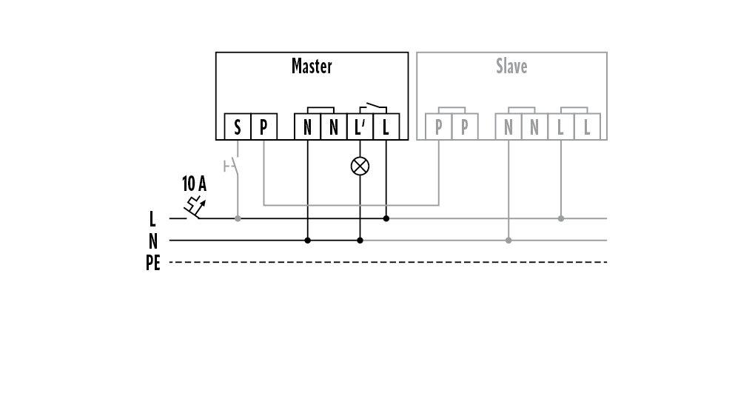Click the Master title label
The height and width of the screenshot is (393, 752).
312,66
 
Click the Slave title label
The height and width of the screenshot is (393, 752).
511,66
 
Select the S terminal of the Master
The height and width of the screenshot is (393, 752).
238,127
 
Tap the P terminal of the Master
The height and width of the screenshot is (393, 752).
263,127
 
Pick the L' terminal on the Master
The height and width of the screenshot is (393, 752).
360,127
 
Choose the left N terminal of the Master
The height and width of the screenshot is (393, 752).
307,127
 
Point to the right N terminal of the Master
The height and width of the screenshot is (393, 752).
334,127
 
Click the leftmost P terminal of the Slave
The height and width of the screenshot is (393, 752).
438,127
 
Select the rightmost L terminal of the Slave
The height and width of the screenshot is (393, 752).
587,127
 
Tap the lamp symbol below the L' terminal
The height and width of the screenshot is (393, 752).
360,167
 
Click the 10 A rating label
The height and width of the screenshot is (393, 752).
194,184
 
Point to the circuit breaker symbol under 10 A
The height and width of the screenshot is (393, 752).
195,207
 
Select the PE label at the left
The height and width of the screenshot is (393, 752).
153,263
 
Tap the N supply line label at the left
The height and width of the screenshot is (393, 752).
153,241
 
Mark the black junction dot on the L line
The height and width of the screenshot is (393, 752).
386,218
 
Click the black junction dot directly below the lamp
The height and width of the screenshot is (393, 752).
360,241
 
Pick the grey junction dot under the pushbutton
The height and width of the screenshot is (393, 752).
238,218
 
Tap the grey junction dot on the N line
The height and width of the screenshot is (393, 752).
508,241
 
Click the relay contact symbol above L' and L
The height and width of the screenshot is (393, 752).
373,108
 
